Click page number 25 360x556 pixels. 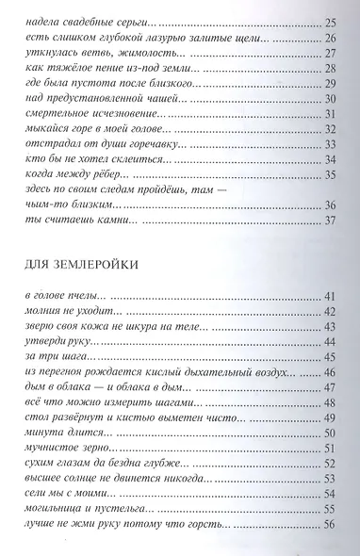coord(330,22)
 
